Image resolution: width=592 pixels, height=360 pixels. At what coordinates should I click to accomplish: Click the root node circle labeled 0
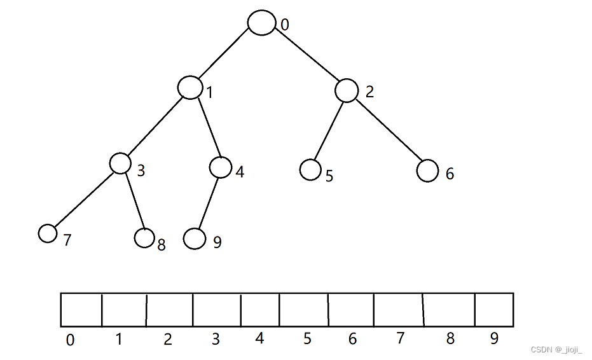(x=261, y=23)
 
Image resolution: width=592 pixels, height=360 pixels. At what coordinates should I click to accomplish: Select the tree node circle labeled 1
(x=189, y=87)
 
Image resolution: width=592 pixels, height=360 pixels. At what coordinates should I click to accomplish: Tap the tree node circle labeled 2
(x=347, y=90)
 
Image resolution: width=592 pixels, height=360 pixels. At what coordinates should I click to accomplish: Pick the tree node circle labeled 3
(x=120, y=163)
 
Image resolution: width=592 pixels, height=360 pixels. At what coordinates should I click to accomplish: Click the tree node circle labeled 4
(x=220, y=167)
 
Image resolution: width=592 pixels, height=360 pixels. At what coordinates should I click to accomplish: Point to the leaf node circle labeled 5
(x=310, y=170)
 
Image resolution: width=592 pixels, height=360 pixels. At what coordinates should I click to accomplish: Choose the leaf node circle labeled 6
(x=428, y=170)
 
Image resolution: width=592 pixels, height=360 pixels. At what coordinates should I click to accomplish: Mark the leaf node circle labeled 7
(x=48, y=233)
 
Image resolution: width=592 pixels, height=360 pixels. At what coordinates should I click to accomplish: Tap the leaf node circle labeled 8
(x=145, y=238)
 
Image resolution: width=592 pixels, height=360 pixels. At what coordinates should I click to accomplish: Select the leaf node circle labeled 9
(x=195, y=239)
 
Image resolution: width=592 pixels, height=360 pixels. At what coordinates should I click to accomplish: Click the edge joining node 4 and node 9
(x=208, y=202)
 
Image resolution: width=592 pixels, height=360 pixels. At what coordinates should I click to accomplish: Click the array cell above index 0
(x=81, y=310)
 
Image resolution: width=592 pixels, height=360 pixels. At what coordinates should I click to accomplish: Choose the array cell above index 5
(x=304, y=310)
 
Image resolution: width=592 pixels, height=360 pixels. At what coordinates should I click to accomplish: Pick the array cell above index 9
(x=493, y=310)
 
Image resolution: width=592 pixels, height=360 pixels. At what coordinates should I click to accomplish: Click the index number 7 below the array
(x=400, y=338)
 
